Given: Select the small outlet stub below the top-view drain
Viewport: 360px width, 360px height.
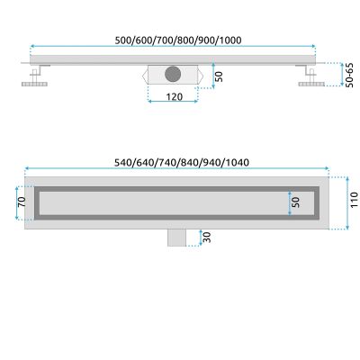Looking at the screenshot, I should (175, 237).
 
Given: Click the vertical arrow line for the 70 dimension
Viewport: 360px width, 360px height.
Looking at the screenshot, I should (26, 203).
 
